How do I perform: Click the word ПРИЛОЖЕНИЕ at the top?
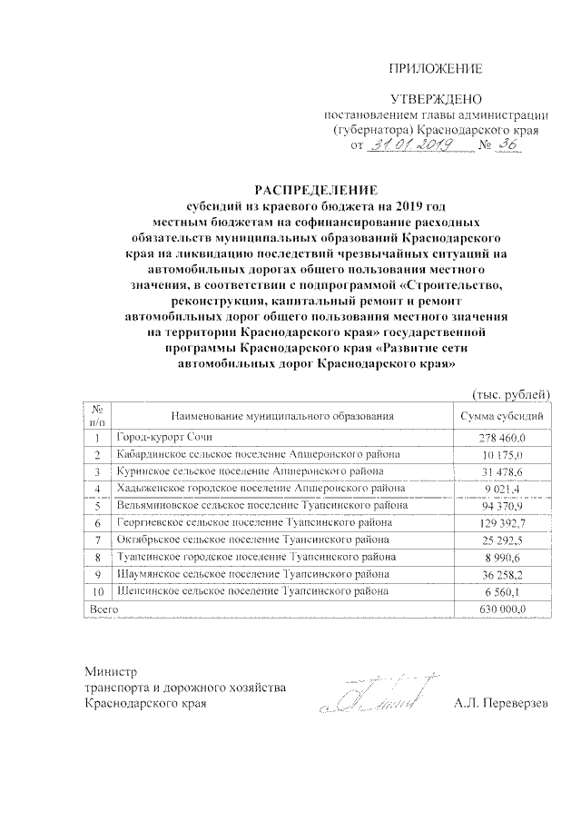coord(436,70)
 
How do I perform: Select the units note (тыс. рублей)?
coord(510,393)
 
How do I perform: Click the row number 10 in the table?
coord(98,591)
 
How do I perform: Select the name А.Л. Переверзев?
coord(502,705)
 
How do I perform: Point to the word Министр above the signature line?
coord(109,672)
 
